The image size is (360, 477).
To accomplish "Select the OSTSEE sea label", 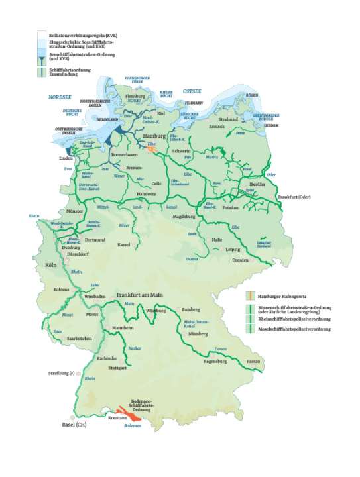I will (191, 91).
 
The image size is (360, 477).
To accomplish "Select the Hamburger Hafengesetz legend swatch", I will (249, 295).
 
